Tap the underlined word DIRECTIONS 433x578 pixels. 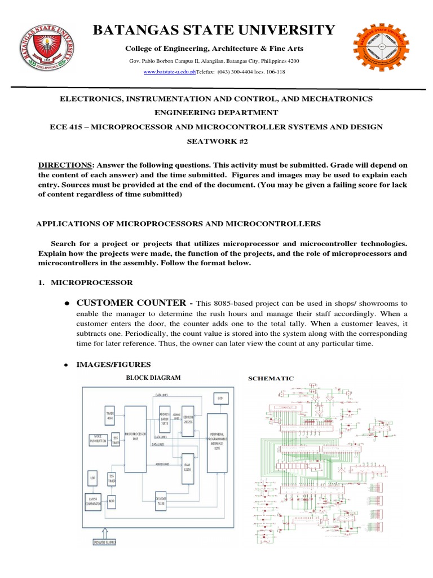[x=65, y=165]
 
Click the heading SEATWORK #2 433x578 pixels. [x=216, y=142]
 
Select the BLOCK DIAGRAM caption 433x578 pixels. [x=154, y=378]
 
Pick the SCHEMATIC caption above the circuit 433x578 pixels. [x=271, y=378]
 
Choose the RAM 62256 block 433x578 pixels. [x=188, y=474]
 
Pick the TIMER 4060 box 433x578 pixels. [x=111, y=414]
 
